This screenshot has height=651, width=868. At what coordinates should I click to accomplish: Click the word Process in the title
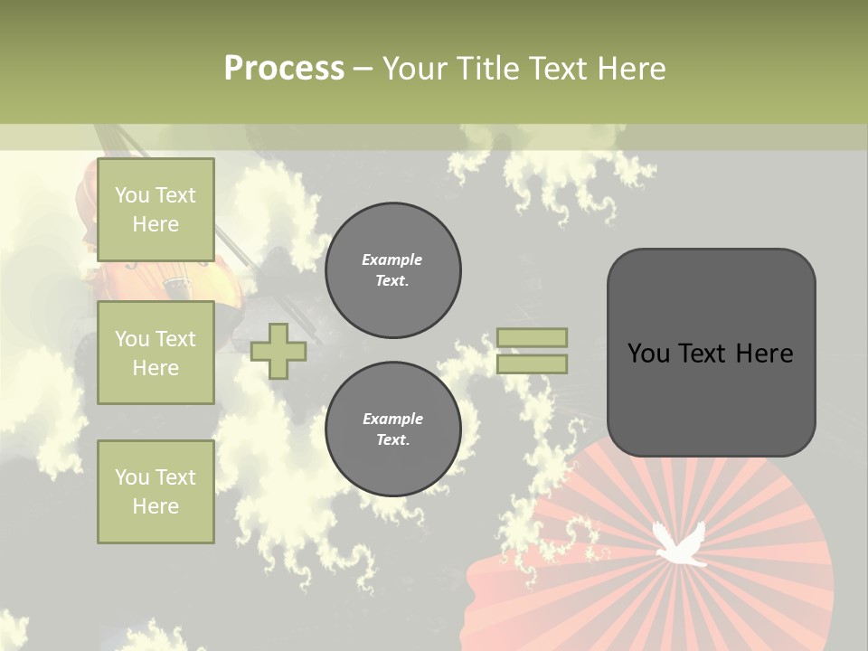284,69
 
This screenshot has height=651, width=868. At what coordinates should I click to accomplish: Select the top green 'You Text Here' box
156,210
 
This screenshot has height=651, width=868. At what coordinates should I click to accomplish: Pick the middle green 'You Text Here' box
156,353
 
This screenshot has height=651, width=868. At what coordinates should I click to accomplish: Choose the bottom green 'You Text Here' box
156,492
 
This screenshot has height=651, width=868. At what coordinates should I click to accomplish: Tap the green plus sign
278,351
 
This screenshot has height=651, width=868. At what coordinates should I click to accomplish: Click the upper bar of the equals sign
532,338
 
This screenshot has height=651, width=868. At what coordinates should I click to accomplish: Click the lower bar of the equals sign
532,363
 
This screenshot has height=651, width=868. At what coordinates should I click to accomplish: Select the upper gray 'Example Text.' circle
392,270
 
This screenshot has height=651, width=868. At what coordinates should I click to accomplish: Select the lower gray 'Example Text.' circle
392,429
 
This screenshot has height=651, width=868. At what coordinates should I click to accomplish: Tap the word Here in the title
631,69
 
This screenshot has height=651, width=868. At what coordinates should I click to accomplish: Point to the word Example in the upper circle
392,259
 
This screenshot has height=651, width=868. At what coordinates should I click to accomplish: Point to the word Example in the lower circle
392,419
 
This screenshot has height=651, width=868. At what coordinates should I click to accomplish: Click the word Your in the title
412,69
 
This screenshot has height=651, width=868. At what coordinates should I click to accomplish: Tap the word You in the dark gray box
648,354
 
